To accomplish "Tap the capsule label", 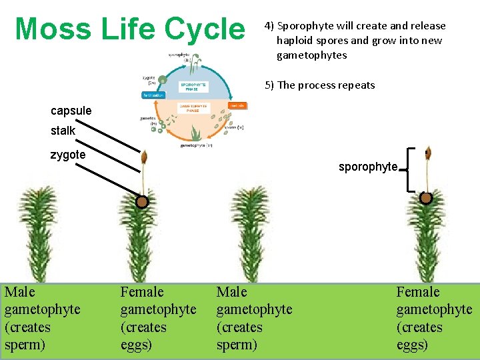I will click(71, 111).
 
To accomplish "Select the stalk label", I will click(63, 131).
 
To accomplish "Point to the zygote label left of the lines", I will click(68, 155).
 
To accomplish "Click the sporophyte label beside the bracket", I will click(367, 167).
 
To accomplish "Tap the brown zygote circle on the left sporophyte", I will click(141, 202).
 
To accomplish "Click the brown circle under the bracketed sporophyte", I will click(426, 198).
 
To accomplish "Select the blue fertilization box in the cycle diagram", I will click(153, 95).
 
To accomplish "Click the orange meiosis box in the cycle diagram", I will click(237, 105).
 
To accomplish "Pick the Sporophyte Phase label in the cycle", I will click(194, 87).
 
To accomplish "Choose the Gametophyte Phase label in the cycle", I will click(193, 107).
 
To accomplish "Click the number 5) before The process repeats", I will click(269, 85).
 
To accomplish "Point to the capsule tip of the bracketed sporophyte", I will click(426, 155).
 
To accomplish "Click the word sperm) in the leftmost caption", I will click(23, 345).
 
